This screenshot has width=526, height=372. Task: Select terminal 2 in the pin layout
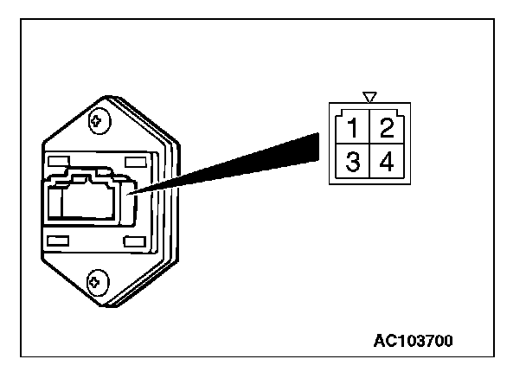click(x=386, y=131)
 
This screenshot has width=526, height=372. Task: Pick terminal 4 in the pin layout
click(x=386, y=163)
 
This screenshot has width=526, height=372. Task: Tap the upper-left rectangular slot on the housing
click(x=58, y=162)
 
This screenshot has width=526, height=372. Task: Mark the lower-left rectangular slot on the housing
click(x=58, y=240)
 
